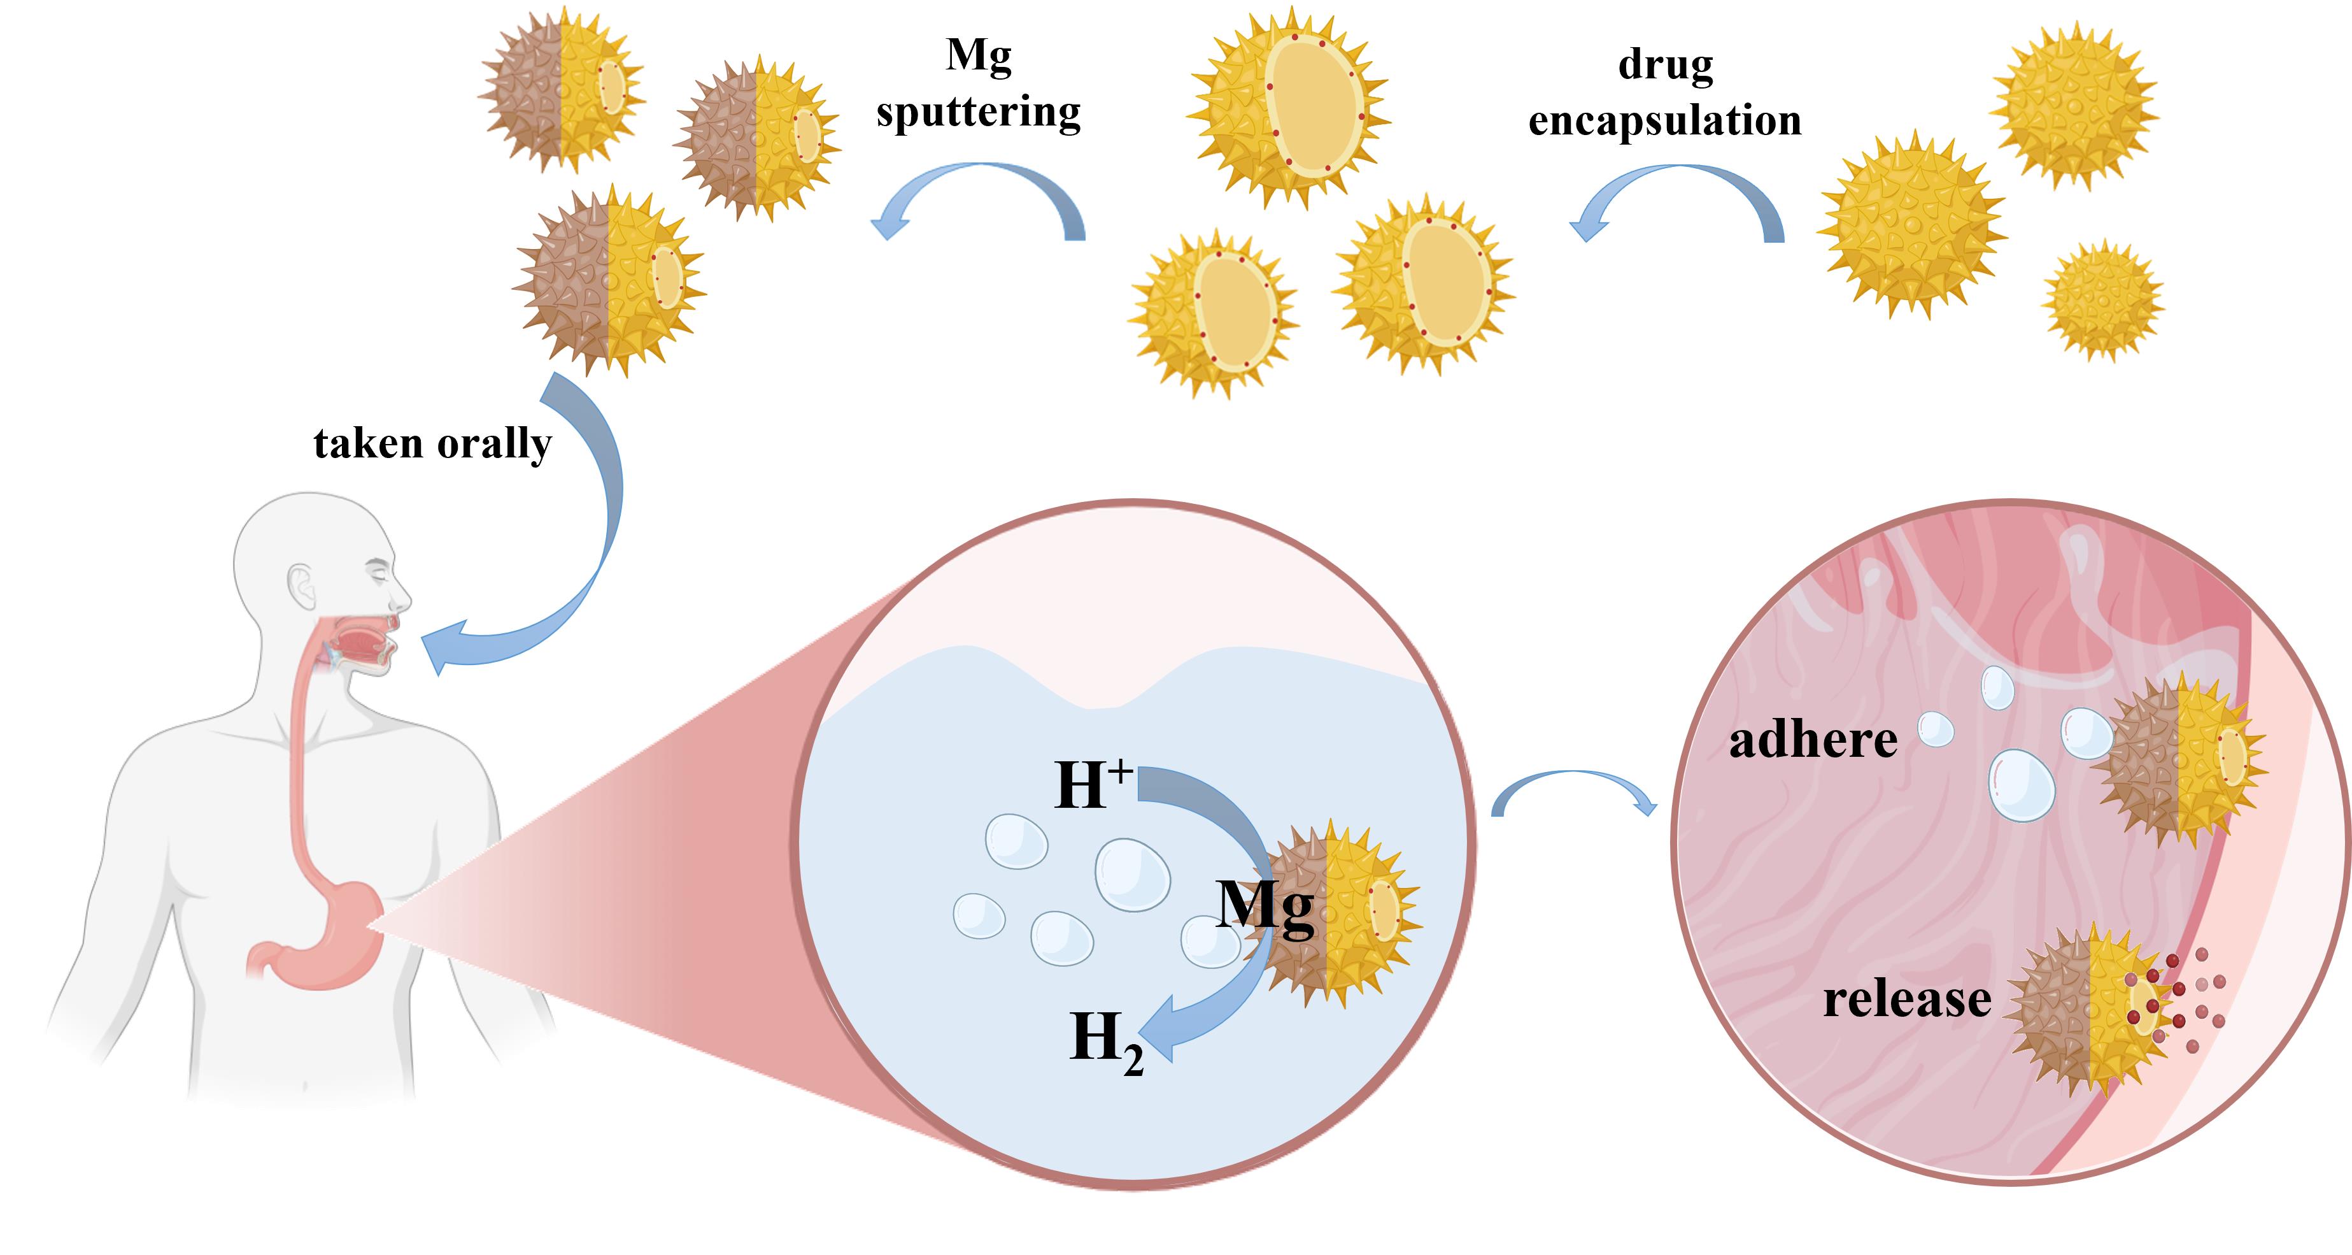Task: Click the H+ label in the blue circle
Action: (1091, 784)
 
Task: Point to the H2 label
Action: (1105, 1041)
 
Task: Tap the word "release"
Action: (1906, 1000)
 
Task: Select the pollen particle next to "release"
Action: (2091, 1009)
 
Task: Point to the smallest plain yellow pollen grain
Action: (2102, 299)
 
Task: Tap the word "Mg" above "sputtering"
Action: (978, 57)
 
